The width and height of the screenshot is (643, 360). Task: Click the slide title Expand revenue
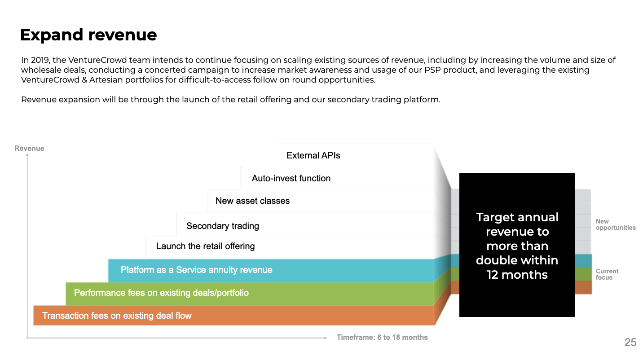(x=88, y=35)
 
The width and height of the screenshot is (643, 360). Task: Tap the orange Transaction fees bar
(x=233, y=316)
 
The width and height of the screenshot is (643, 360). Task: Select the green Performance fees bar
(x=249, y=294)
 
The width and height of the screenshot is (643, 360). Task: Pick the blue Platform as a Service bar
(x=270, y=271)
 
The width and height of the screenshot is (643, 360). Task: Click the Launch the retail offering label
(x=205, y=246)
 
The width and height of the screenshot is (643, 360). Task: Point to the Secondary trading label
(x=222, y=226)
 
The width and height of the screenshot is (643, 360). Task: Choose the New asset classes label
(x=253, y=201)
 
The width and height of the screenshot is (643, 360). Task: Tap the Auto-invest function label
(x=291, y=178)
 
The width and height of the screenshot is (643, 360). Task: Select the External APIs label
(x=313, y=155)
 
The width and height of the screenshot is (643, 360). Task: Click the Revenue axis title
(x=29, y=148)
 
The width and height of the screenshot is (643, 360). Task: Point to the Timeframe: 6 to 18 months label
(x=382, y=338)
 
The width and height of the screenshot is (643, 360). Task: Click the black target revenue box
(x=517, y=245)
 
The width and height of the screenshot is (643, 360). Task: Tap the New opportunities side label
(x=616, y=224)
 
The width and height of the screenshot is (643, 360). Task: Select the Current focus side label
(x=607, y=274)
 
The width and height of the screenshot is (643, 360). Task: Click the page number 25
(x=630, y=342)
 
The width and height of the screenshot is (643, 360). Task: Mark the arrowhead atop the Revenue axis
(x=27, y=155)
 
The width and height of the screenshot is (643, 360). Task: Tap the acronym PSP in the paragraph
(x=432, y=70)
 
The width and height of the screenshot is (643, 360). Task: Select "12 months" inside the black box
(x=517, y=275)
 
